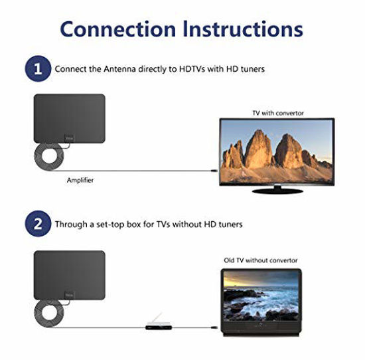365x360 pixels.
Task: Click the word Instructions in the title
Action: tap(242, 29)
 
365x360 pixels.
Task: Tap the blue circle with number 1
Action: tap(38, 68)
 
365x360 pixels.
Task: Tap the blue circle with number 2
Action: tap(38, 225)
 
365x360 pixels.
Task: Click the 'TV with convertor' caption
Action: tap(277, 113)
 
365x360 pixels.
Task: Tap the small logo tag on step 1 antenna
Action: tap(69, 138)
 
